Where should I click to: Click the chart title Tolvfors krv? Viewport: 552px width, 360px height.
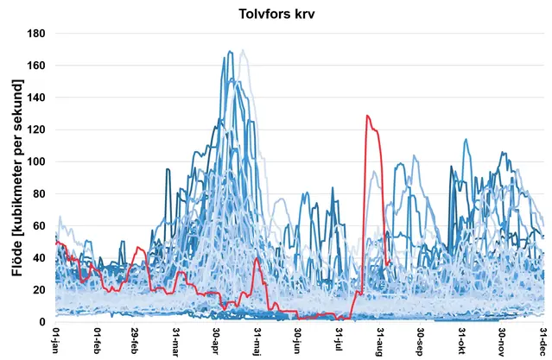(276, 16)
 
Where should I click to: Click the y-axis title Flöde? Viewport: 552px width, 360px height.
(17, 177)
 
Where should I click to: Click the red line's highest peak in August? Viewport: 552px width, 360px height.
(367, 115)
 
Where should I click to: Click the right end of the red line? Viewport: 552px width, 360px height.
(390, 262)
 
